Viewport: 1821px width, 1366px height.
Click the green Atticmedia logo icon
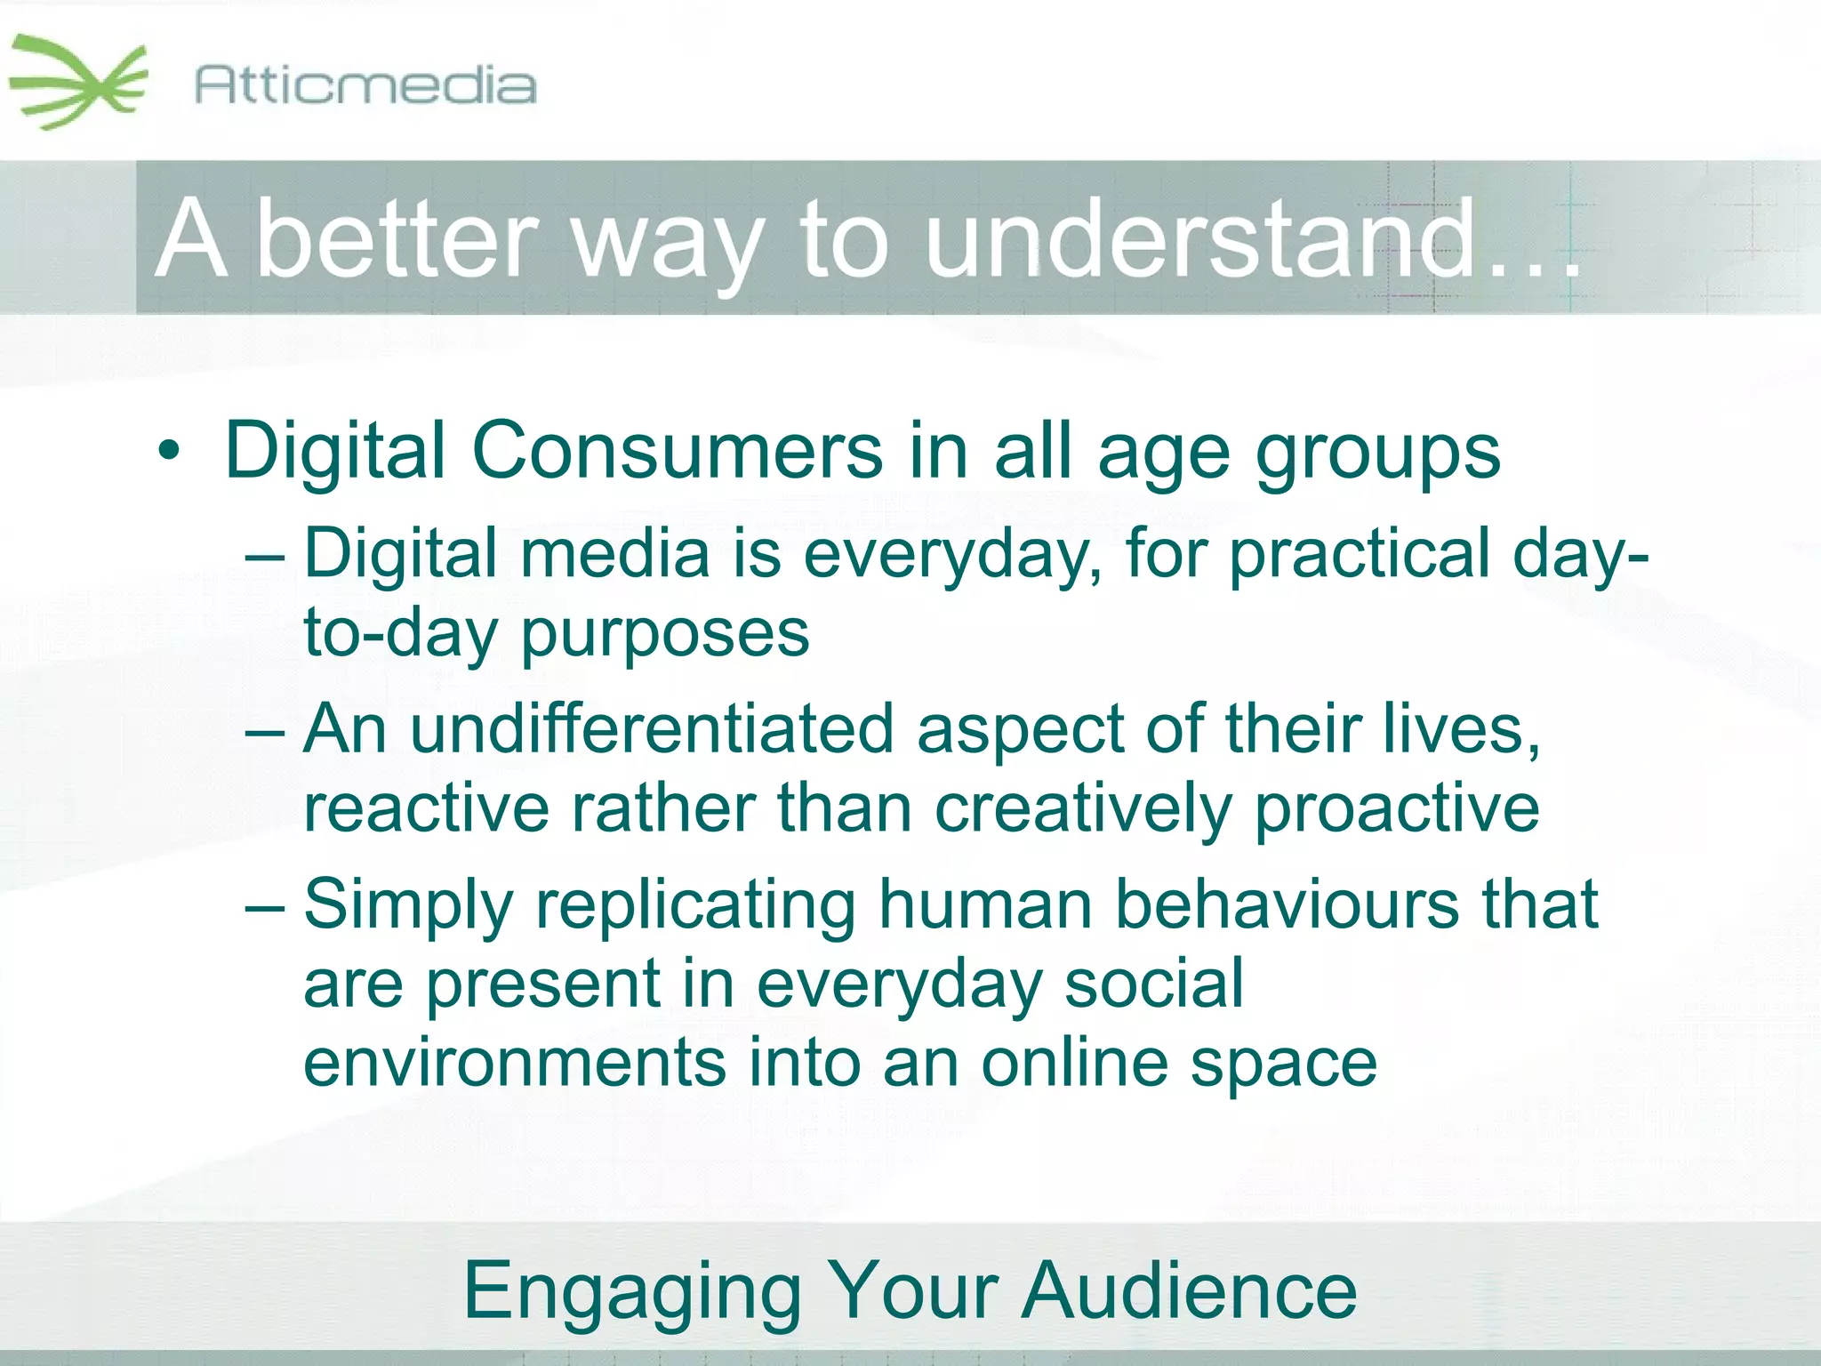point(78,82)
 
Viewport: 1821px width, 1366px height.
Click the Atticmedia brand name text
point(365,86)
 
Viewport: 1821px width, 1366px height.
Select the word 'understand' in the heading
point(1200,238)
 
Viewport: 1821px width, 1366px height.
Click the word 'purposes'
point(664,635)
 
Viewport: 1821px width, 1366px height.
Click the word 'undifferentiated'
point(652,729)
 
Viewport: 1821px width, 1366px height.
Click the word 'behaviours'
point(1287,904)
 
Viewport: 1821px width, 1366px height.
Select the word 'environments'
point(514,1063)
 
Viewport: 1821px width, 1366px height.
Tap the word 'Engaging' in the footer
point(632,1292)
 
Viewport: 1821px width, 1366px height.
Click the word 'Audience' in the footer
point(1189,1290)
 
